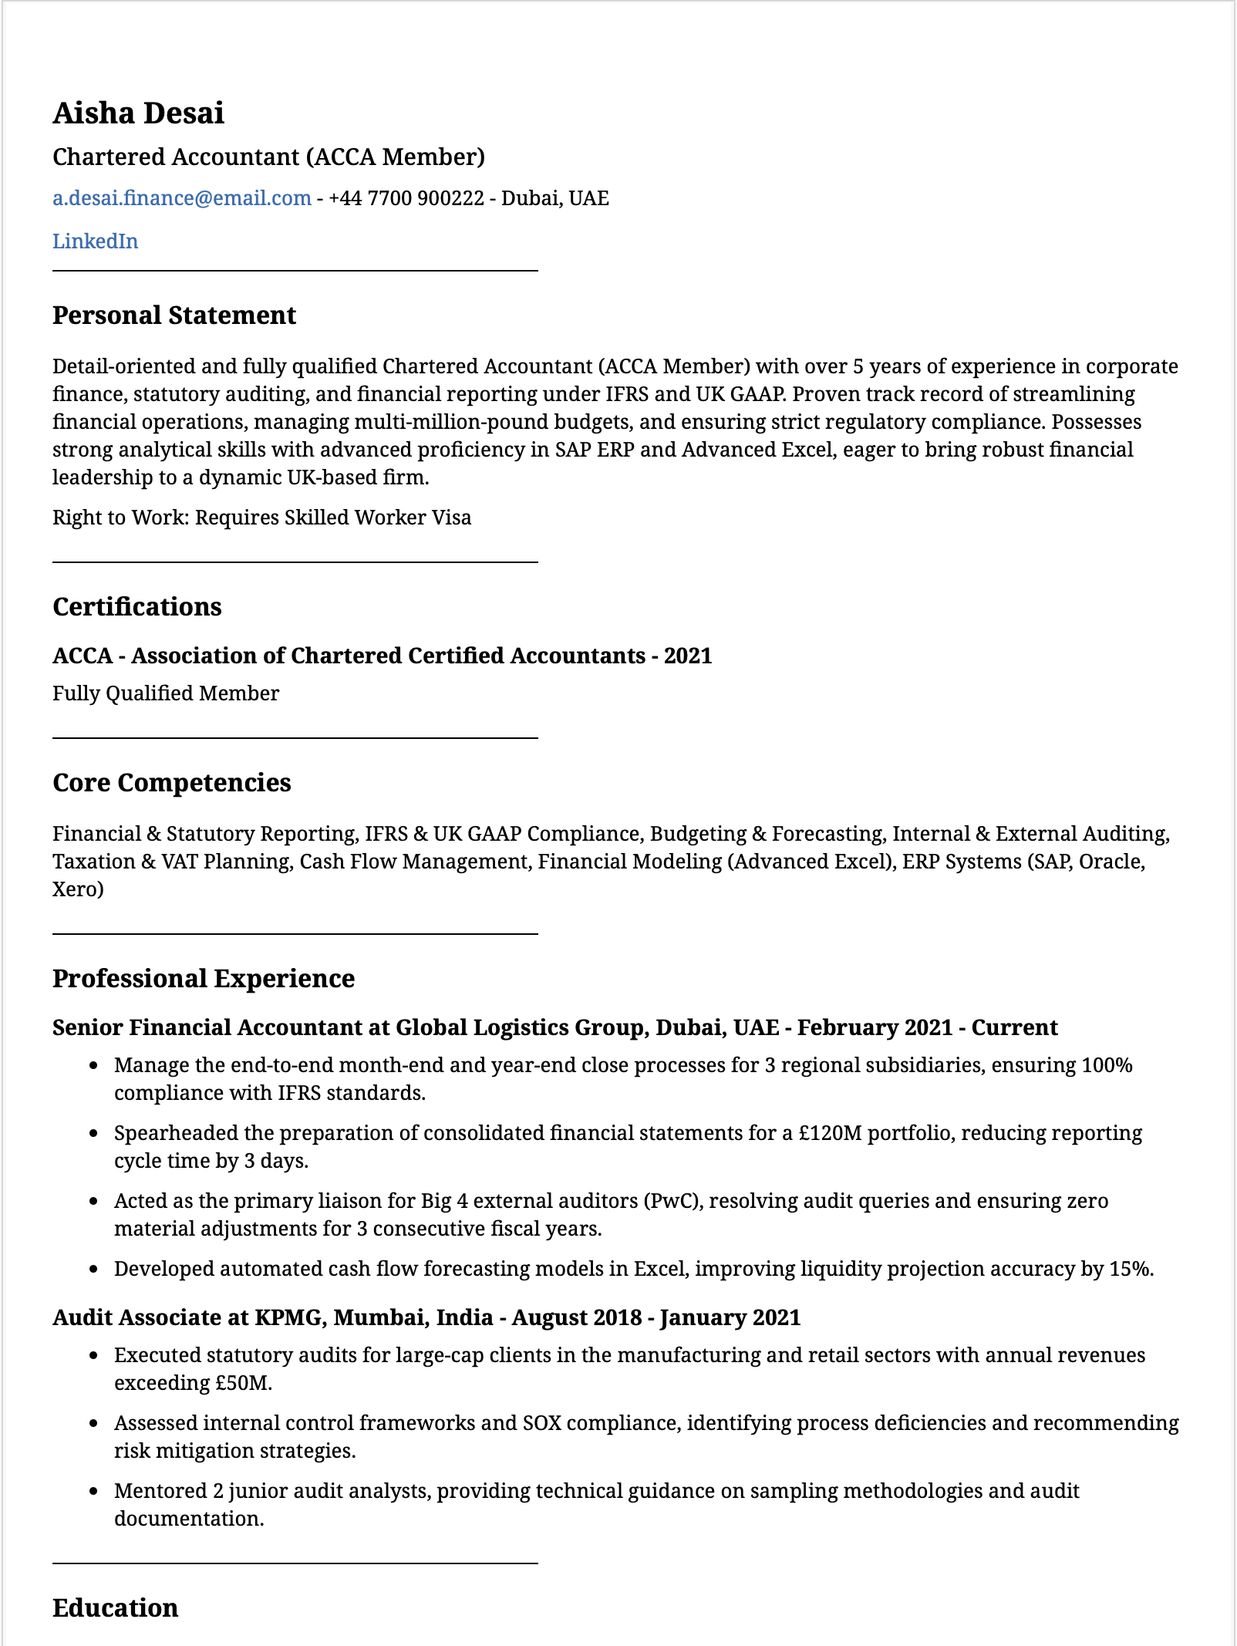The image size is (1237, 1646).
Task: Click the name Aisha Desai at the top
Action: [x=138, y=113]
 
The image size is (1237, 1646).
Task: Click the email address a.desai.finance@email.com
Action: [x=181, y=198]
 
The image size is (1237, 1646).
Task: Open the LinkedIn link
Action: [x=95, y=241]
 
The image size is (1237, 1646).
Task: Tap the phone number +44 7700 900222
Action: [x=406, y=198]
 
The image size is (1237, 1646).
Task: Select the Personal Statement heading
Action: [x=174, y=315]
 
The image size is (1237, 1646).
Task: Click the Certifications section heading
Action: [x=137, y=607]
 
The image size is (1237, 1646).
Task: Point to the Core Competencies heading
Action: [x=171, y=783]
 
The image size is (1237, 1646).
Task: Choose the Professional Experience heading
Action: [x=204, y=979]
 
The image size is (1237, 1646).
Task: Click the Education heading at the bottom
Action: [x=115, y=1608]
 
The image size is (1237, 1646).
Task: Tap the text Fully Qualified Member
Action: [x=166, y=693]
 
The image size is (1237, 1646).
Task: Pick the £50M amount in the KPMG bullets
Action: [x=241, y=1383]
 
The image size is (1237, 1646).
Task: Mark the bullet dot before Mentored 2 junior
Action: [x=94, y=1492]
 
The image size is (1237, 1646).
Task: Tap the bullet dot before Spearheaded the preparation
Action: [x=94, y=1134]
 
